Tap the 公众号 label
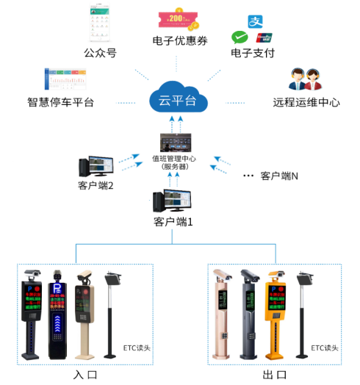point(100,53)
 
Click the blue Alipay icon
point(254,21)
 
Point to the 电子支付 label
point(252,54)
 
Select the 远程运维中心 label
point(306,103)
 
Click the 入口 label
point(84,375)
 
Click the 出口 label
point(274,375)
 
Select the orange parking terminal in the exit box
point(277,312)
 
